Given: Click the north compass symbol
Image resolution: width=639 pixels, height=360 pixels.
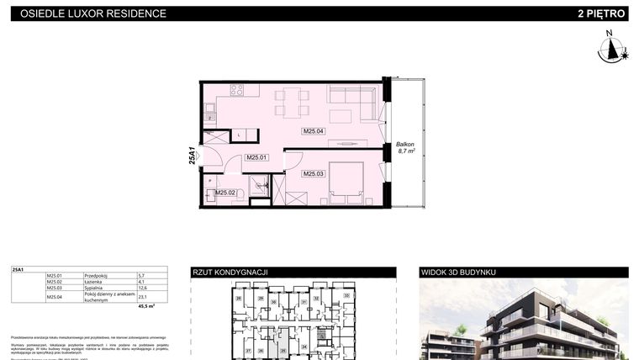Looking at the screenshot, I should tap(612, 48).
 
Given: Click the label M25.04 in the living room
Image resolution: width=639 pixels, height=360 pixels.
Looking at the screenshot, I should tap(314, 131).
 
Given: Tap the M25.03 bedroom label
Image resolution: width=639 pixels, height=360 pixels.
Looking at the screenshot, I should tap(314, 173).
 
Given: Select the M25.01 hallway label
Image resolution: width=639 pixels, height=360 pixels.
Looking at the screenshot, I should tap(256, 157).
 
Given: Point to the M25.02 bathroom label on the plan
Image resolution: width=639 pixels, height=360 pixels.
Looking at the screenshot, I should tap(224, 193).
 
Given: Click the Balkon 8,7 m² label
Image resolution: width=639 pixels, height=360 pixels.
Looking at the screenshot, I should tap(406, 149).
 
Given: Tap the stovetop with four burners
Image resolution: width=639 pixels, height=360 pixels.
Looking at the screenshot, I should tap(237, 90).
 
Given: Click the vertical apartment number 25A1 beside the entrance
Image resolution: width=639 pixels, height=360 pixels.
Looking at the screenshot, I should tap(193, 156).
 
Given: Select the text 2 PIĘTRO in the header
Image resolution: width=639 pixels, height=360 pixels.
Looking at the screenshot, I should tap(601, 13).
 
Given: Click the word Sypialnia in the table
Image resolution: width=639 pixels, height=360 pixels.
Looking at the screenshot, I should tap(95, 288).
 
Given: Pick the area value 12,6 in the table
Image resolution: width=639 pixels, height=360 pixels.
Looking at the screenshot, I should tap(142, 288).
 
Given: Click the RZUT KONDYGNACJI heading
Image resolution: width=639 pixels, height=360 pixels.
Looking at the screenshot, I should tap(230, 273).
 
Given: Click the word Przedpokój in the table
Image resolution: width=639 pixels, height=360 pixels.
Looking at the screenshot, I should tap(97, 275).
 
